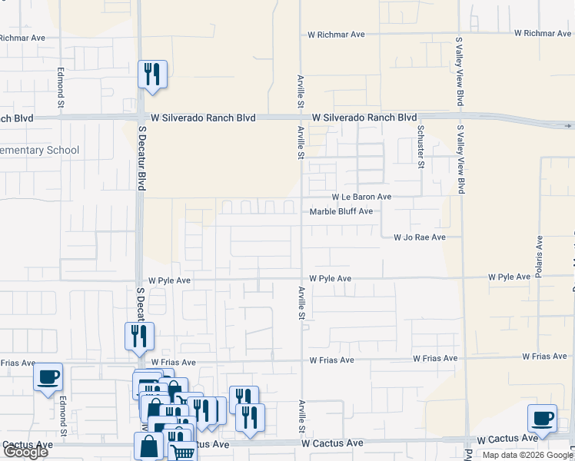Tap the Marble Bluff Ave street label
click(x=341, y=211)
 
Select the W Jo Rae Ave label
click(x=419, y=237)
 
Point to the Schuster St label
click(x=420, y=146)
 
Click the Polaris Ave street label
click(x=539, y=257)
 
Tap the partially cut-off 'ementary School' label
click(x=40, y=150)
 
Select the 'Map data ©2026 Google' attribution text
click(x=527, y=454)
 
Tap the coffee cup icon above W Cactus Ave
click(x=542, y=419)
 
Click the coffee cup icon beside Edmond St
click(x=48, y=377)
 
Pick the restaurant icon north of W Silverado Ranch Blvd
click(x=151, y=75)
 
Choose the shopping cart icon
click(x=181, y=452)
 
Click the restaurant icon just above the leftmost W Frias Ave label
click(x=139, y=336)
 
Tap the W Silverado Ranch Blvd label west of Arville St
click(x=202, y=118)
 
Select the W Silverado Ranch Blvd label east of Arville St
click(x=364, y=118)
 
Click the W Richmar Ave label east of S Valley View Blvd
click(x=543, y=33)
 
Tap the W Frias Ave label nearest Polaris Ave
click(x=544, y=357)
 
